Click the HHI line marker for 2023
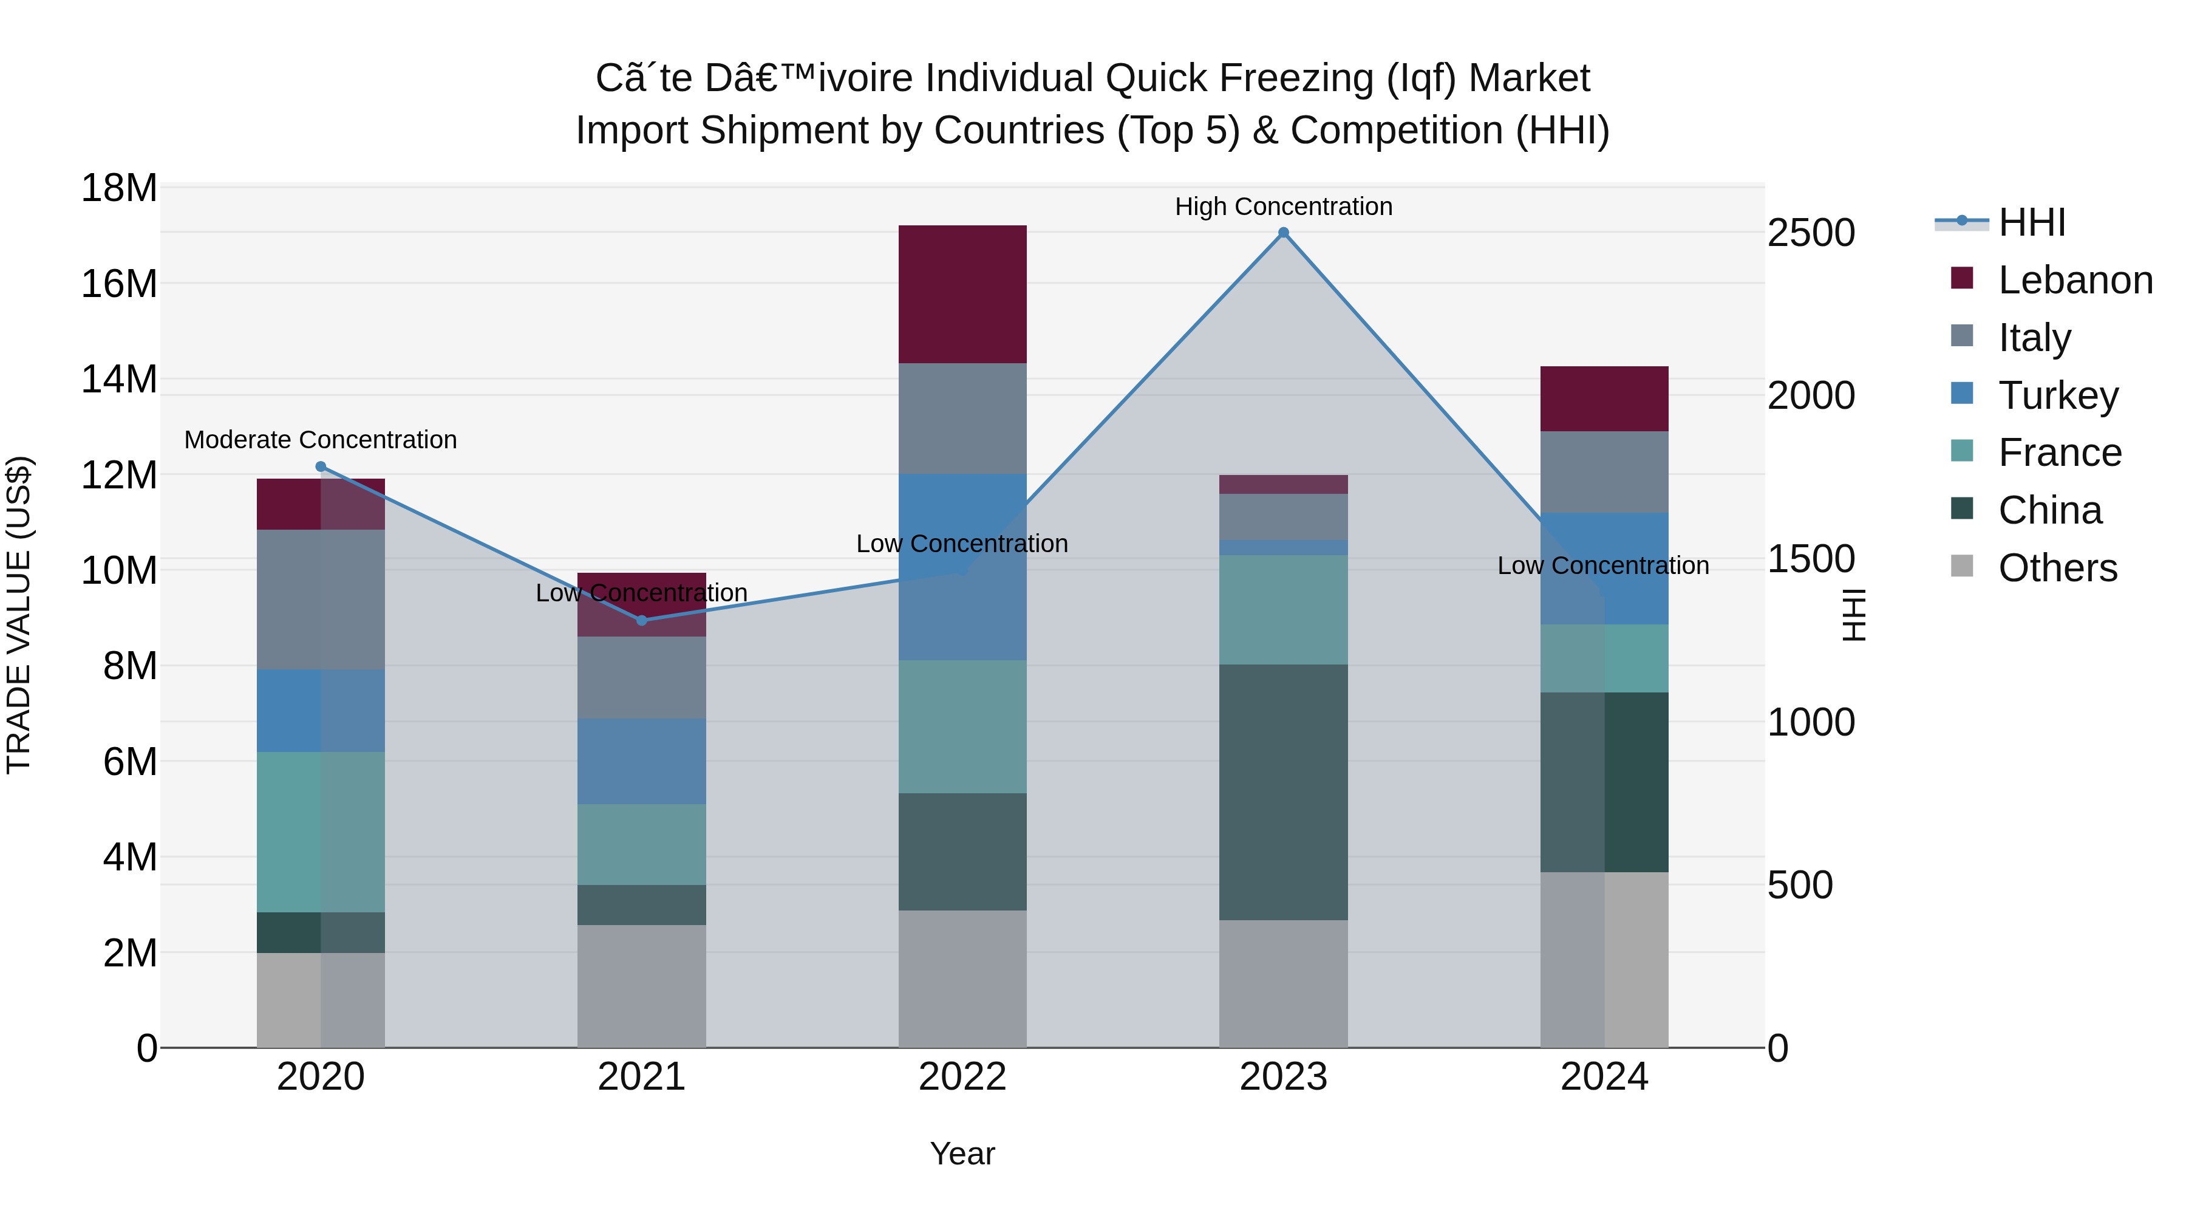[x=1283, y=233]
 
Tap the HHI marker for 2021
[x=642, y=621]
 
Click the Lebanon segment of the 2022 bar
[x=962, y=294]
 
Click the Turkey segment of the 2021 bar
[x=642, y=762]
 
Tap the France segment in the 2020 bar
[x=321, y=832]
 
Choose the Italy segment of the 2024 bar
[x=1604, y=472]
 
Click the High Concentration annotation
[x=1283, y=207]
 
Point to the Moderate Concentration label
[x=321, y=440]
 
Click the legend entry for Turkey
[x=2058, y=395]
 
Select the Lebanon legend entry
[x=2075, y=280]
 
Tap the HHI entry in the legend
[x=2031, y=222]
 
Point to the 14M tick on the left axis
[x=119, y=380]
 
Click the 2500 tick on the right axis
[x=1811, y=233]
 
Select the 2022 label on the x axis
[x=962, y=1077]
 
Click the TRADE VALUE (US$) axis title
[x=19, y=615]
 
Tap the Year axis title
[x=962, y=1153]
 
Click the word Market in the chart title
[x=1528, y=78]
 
